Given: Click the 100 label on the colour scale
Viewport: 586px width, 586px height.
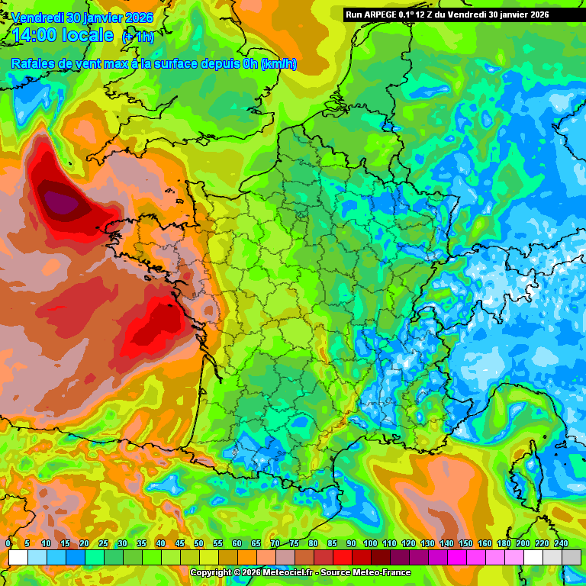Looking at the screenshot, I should [370, 543].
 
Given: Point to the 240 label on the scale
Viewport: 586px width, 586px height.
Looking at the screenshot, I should [561, 543].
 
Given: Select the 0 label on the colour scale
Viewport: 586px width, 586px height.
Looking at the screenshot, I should [8, 543].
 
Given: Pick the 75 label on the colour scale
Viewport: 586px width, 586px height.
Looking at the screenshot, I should [294, 543].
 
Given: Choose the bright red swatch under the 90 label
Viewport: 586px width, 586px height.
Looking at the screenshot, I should [343, 558].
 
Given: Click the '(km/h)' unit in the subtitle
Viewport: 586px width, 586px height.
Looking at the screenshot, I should [279, 64].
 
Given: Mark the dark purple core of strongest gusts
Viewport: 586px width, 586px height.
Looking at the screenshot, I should [60, 201].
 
